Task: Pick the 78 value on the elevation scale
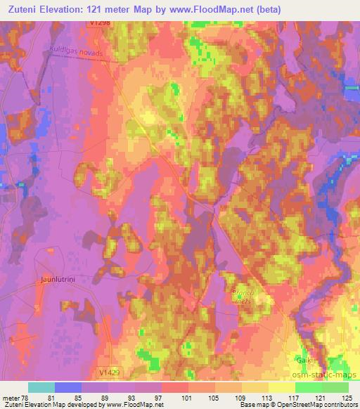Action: pos(25,397)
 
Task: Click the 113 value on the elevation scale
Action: pos(269,397)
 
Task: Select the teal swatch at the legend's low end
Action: pos(41,387)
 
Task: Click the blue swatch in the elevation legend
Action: pos(68,387)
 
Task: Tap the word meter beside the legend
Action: pos(10,397)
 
